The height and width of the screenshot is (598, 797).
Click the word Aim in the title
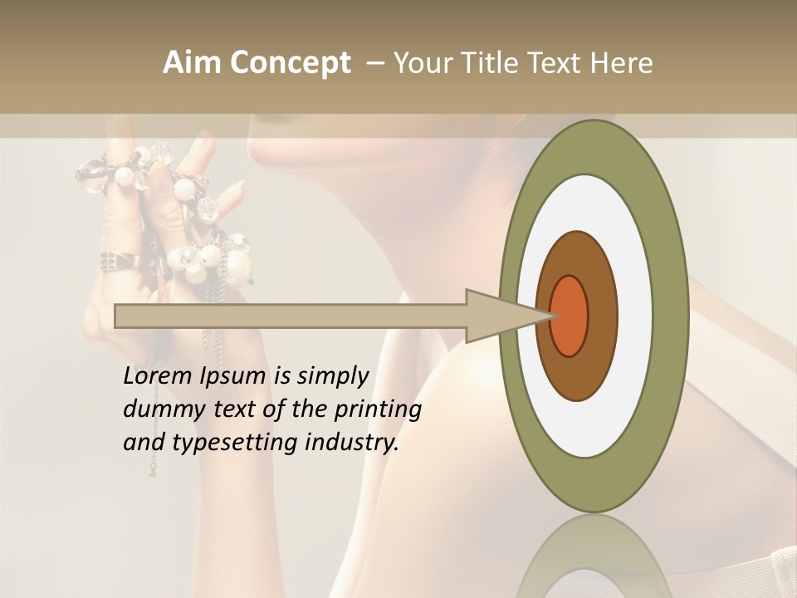pyautogui.click(x=193, y=63)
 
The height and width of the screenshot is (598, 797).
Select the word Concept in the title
pyautogui.click(x=290, y=63)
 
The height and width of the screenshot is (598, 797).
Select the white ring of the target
pyautogui.click(x=635, y=316)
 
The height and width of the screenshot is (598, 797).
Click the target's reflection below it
pyautogui.click(x=593, y=556)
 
